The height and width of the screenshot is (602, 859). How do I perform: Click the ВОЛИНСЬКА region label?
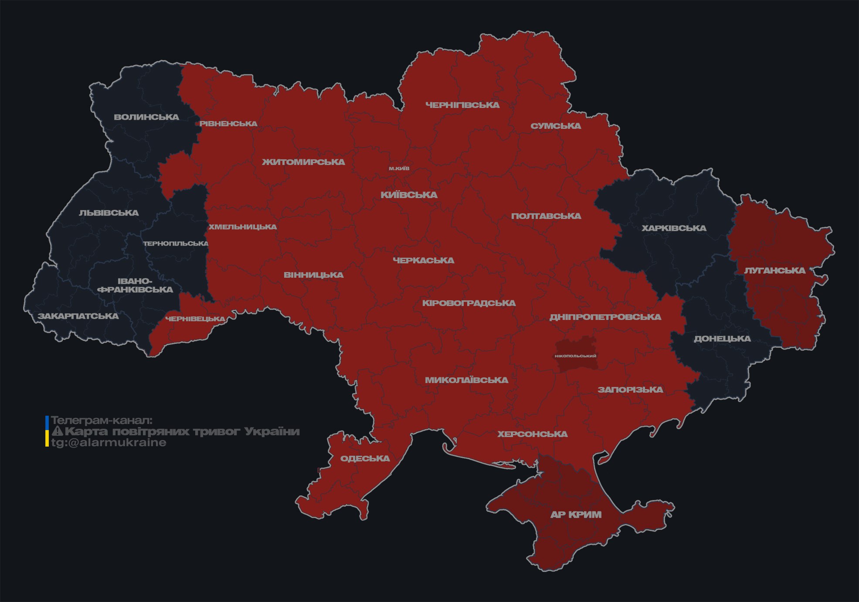146,117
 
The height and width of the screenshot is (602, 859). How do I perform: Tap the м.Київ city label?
399,168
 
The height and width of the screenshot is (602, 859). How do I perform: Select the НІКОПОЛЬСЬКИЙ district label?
575,356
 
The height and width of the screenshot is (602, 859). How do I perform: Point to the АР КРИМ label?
576,515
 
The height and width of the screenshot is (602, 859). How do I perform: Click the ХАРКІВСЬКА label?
674,228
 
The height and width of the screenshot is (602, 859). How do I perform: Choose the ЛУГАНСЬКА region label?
774,270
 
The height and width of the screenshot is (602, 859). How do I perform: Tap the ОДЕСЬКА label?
365,458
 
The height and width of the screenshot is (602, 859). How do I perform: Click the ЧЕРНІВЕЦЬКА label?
195,319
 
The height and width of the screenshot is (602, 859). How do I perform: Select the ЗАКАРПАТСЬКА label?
78,316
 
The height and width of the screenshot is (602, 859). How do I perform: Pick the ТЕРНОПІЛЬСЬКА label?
176,243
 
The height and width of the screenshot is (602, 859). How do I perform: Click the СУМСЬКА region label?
556,126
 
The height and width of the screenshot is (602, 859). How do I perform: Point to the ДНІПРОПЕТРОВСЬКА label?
605,317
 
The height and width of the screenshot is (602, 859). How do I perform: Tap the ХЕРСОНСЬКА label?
533,434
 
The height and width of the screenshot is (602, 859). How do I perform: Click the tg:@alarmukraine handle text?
109,443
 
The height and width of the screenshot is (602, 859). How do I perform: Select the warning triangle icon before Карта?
57,431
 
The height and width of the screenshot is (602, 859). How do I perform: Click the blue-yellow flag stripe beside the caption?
47,431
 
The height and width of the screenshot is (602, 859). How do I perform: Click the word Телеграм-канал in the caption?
102,420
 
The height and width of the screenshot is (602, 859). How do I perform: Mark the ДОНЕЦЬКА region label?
722,339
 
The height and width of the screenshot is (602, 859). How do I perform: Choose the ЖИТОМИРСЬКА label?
303,162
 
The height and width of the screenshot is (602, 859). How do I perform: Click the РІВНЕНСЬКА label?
228,124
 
